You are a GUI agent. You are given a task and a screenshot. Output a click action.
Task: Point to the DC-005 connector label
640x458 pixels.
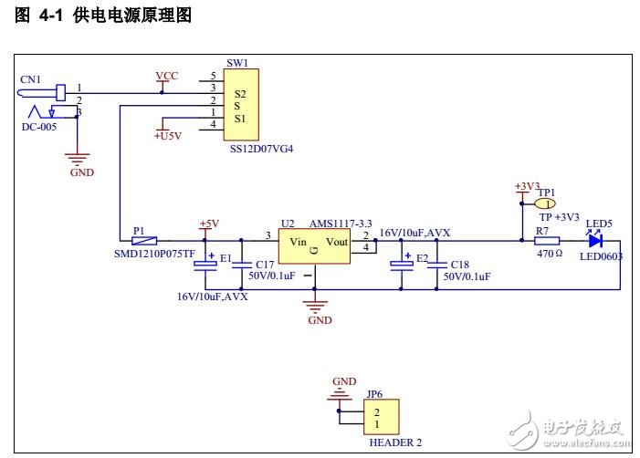pyautogui.click(x=39, y=127)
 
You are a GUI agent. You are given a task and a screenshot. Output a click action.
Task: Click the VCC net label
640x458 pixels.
pyautogui.click(x=167, y=75)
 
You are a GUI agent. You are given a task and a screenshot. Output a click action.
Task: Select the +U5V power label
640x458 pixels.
pyautogui.click(x=168, y=136)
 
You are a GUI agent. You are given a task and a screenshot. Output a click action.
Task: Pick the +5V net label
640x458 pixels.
pyautogui.click(x=209, y=224)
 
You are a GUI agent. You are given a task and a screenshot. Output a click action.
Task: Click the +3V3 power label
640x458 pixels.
pyautogui.click(x=528, y=186)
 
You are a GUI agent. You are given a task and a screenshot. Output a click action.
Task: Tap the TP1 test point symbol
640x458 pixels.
pyautogui.click(x=545, y=204)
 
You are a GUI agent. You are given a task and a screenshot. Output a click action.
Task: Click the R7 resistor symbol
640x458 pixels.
pyautogui.click(x=547, y=242)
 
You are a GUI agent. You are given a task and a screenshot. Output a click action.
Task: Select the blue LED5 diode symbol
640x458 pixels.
pyautogui.click(x=594, y=242)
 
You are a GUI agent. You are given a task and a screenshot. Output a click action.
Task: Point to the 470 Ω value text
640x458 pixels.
pyautogui.click(x=548, y=255)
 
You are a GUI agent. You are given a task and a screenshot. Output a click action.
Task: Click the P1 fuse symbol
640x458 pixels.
pyautogui.click(x=144, y=242)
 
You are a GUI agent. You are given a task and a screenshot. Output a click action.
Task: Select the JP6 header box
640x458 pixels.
pyautogui.click(x=375, y=419)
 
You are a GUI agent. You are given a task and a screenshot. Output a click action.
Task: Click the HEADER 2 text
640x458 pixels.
pyautogui.click(x=395, y=442)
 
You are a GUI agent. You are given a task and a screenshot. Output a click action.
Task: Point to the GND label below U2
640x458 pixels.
pyautogui.click(x=320, y=320)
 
